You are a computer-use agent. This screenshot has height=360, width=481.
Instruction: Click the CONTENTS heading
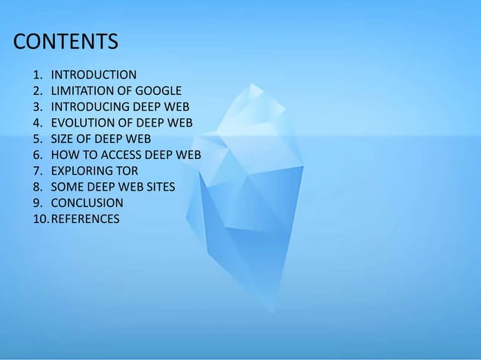tap(66, 41)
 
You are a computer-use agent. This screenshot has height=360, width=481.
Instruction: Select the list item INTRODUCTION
tap(93, 75)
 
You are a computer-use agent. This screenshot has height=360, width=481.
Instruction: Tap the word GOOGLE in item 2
tap(156, 91)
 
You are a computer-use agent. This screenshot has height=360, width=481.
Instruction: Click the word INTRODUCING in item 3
tap(87, 107)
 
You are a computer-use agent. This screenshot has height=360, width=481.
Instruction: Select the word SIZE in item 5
tap(63, 139)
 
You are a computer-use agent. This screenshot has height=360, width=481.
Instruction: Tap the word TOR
tap(126, 171)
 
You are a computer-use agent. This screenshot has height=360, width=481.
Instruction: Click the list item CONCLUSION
tap(87, 203)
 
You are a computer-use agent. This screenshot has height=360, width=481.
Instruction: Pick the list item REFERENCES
tap(84, 219)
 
